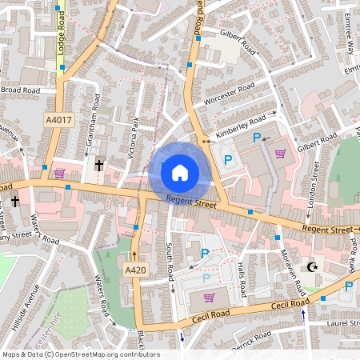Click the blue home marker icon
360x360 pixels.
tap(179, 173)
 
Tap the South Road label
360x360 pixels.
tap(170, 261)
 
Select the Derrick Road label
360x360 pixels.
tap(253, 342)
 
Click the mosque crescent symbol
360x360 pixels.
tap(313, 267)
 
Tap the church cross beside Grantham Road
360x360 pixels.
tap(99, 166)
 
